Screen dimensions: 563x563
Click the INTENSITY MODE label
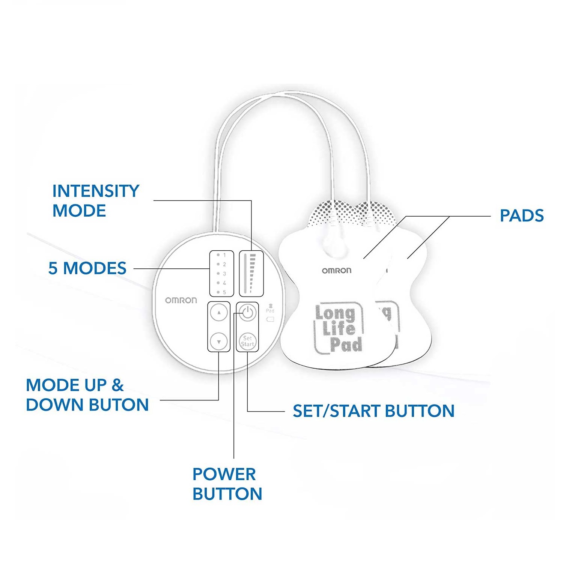pyautogui.click(x=96, y=200)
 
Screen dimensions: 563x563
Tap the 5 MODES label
pyautogui.click(x=87, y=268)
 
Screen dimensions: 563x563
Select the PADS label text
pyautogui.click(x=522, y=215)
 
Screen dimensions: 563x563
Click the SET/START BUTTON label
pyautogui.click(x=373, y=411)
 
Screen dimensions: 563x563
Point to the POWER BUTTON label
pyautogui.click(x=227, y=484)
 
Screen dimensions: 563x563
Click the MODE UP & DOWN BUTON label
pyautogui.click(x=87, y=395)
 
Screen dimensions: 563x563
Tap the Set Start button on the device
pyautogui.click(x=247, y=341)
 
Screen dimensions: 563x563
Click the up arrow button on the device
pyautogui.click(x=219, y=312)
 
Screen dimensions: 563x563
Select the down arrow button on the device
pyautogui.click(x=219, y=342)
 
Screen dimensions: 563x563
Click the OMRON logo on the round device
pyautogui.click(x=181, y=300)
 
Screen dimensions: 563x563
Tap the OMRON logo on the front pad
pyautogui.click(x=337, y=271)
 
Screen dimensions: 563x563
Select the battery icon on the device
pyautogui.click(x=270, y=319)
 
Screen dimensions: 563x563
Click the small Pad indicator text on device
pyautogui.click(x=270, y=310)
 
